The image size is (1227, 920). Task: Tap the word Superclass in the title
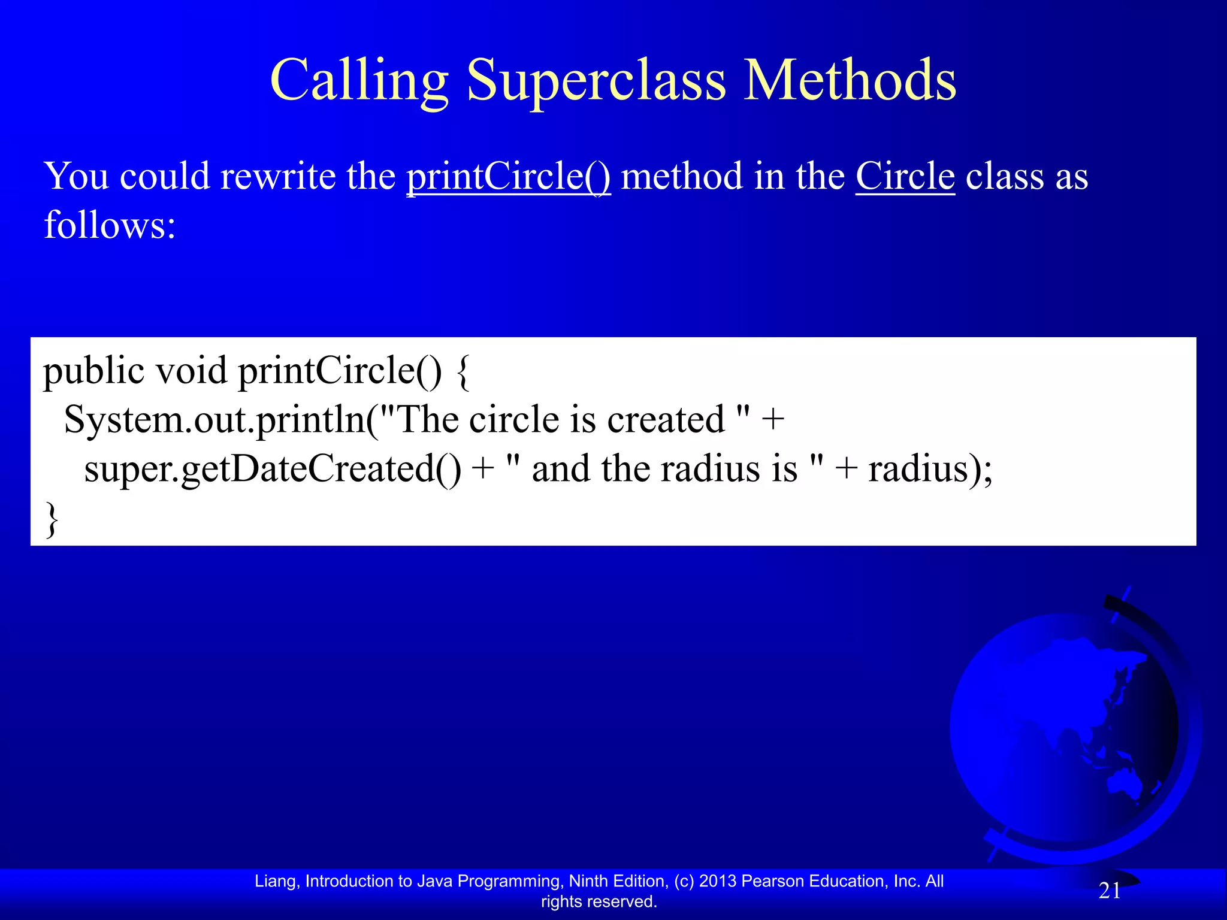[x=596, y=81]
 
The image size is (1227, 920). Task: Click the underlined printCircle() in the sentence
[x=509, y=177]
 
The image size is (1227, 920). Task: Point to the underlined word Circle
[x=905, y=177]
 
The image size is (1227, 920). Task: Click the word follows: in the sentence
[x=110, y=226]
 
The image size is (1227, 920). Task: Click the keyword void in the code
[x=191, y=371]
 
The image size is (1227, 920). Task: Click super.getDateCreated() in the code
[x=273, y=469]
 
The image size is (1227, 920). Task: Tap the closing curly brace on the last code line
[x=52, y=520]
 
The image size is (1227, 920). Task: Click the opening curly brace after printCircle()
[x=463, y=371]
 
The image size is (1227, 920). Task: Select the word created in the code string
[x=666, y=420]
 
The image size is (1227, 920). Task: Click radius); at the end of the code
[x=930, y=469]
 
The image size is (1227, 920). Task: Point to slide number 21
[x=1110, y=891]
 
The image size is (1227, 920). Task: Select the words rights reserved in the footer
[x=599, y=901]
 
